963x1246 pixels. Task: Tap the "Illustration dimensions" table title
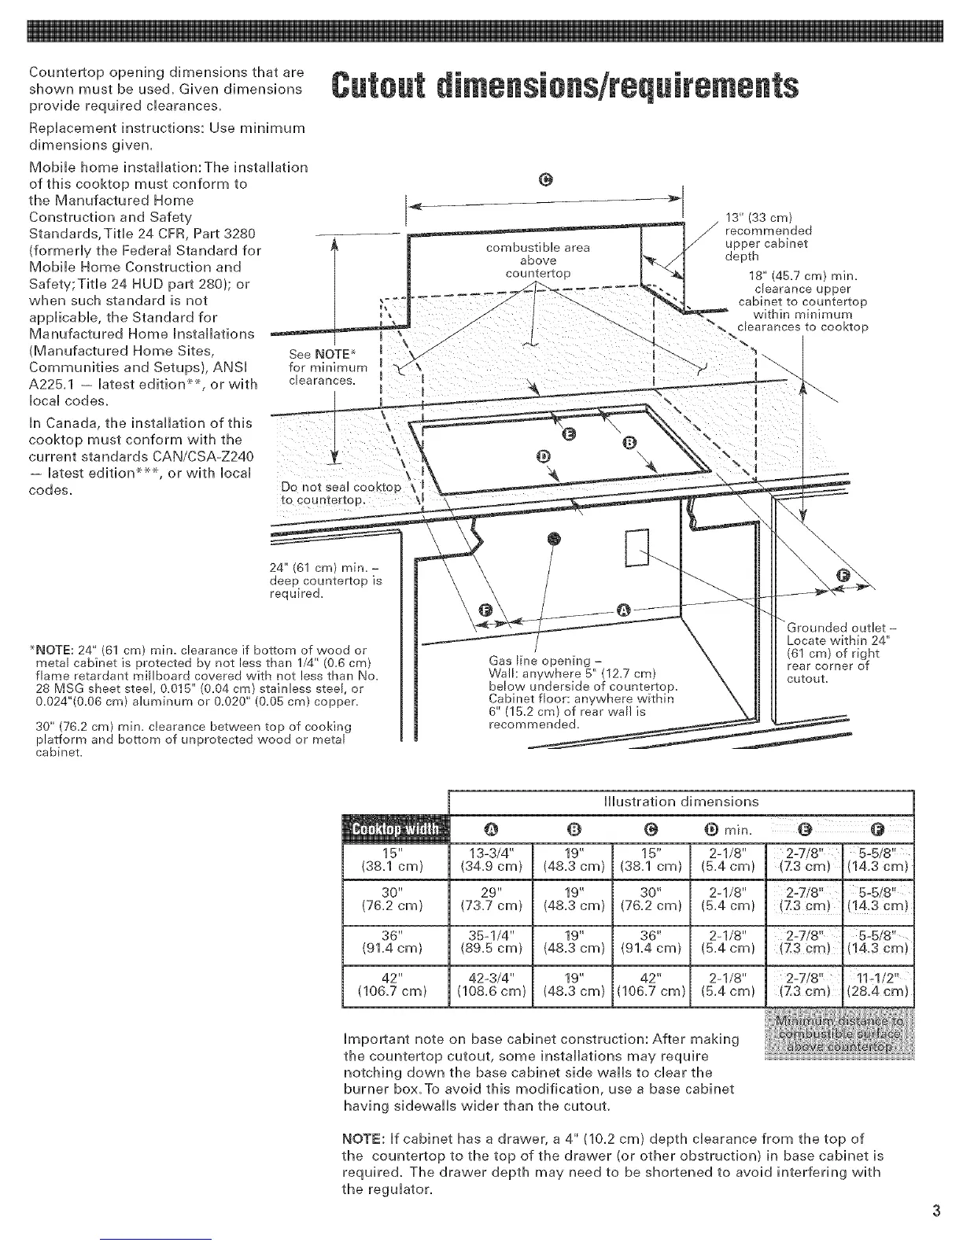(680, 802)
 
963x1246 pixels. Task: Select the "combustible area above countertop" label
(539, 260)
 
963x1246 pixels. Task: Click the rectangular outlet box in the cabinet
(635, 548)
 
